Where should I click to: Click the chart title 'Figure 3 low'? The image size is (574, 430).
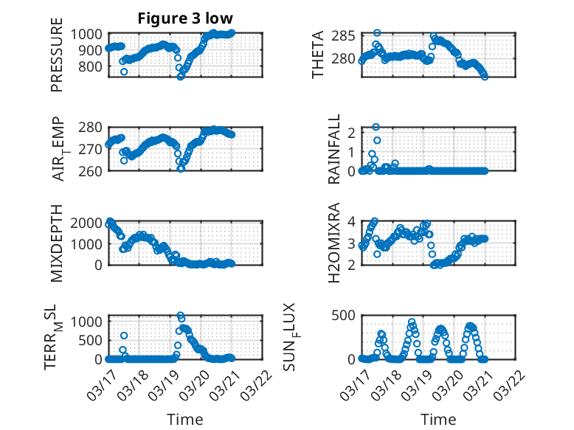point(186,18)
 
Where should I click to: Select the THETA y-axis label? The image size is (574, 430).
point(318,55)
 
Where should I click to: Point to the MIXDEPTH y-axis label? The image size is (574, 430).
point(57,243)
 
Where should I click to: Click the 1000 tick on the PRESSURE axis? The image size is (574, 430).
point(89,35)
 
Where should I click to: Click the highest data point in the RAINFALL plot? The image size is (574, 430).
point(376,127)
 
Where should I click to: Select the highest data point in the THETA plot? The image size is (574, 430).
point(377,33)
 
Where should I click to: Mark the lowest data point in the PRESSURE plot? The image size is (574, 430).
point(181,77)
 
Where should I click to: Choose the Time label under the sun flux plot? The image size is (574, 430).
point(438,419)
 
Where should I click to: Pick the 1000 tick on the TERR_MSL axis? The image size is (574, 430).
point(89,321)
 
